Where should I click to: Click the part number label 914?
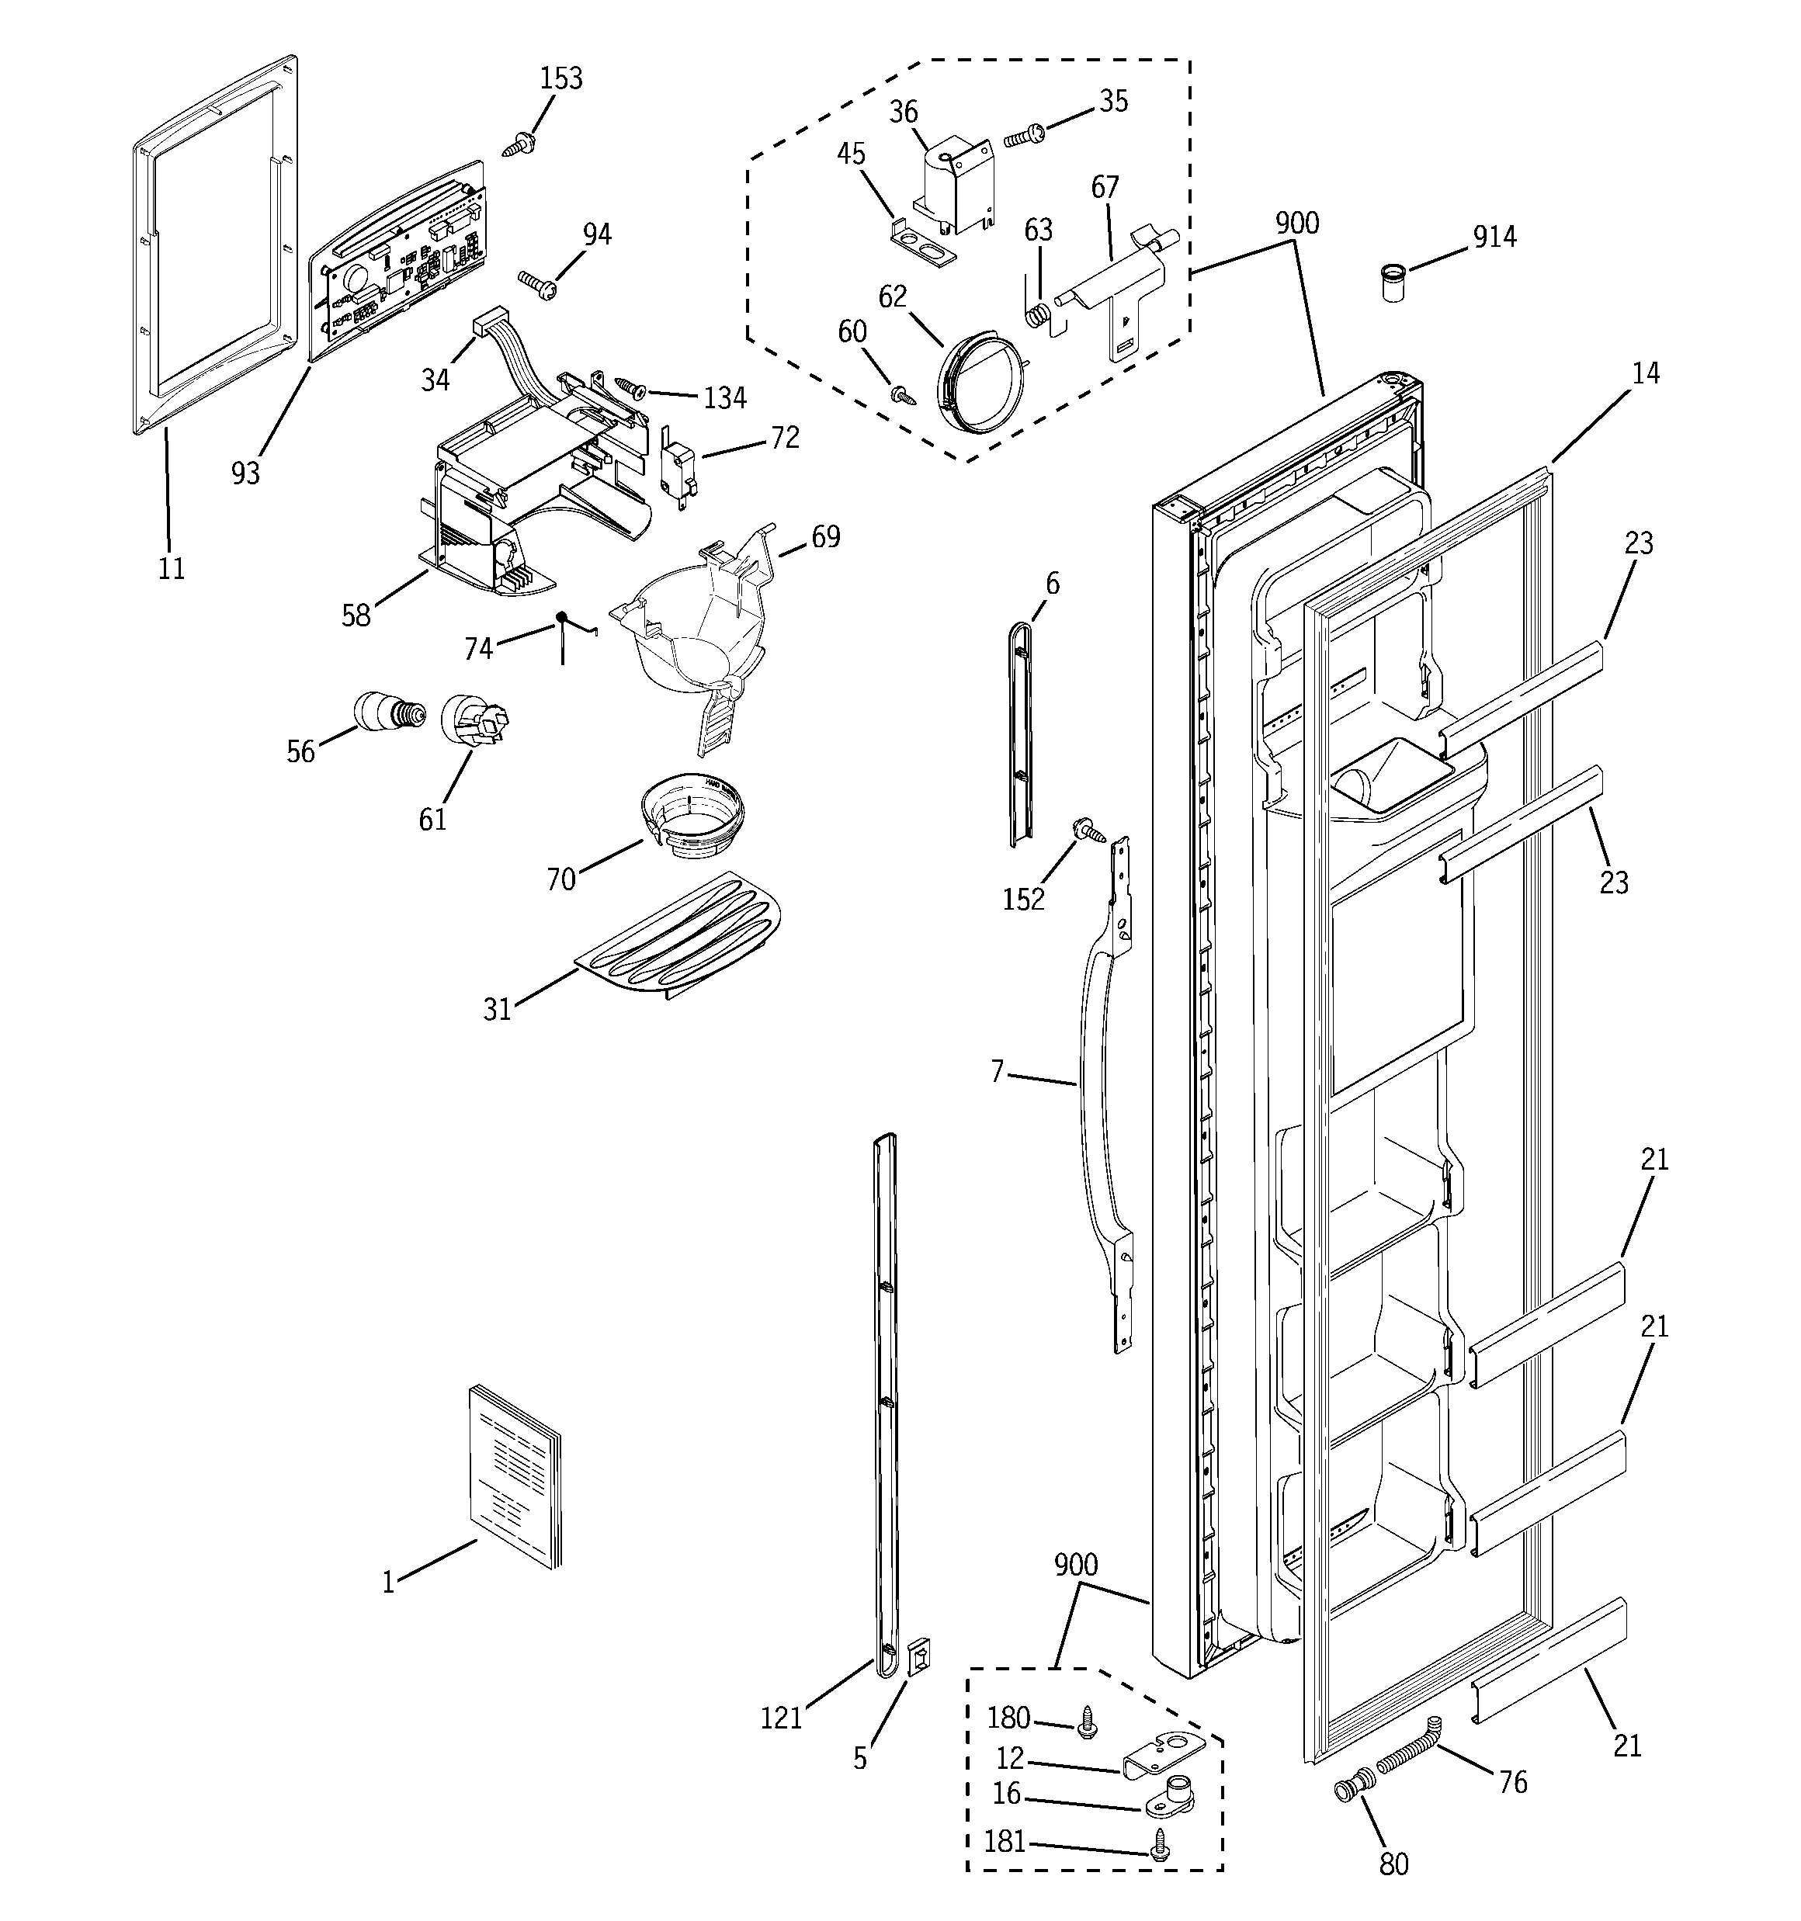1494,237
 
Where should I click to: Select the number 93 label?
245,473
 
